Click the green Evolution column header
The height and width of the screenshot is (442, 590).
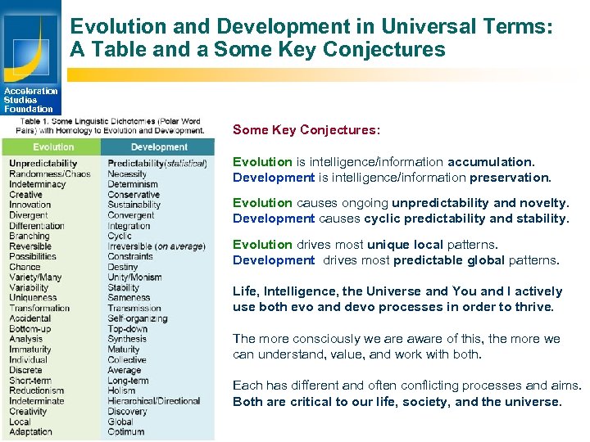coord(53,147)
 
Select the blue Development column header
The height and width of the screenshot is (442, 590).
coord(159,147)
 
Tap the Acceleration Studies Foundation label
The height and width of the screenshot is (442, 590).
coord(30,100)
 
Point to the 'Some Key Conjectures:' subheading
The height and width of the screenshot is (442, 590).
coord(306,130)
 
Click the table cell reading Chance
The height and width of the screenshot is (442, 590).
coord(25,267)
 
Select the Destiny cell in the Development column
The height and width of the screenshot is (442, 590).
coord(123,267)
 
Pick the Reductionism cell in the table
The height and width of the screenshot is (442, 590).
coord(36,390)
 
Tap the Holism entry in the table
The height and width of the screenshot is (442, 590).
coord(121,390)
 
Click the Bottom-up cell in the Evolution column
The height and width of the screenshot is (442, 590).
coord(30,329)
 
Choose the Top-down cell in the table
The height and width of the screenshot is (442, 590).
coord(127,329)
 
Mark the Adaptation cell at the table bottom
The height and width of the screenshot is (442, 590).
coord(30,431)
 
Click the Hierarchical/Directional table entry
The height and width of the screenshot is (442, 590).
coord(154,401)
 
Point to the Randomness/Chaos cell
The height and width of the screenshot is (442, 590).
coord(50,174)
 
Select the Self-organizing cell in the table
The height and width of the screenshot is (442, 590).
coord(138,318)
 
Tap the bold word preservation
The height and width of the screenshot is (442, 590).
coord(511,178)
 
